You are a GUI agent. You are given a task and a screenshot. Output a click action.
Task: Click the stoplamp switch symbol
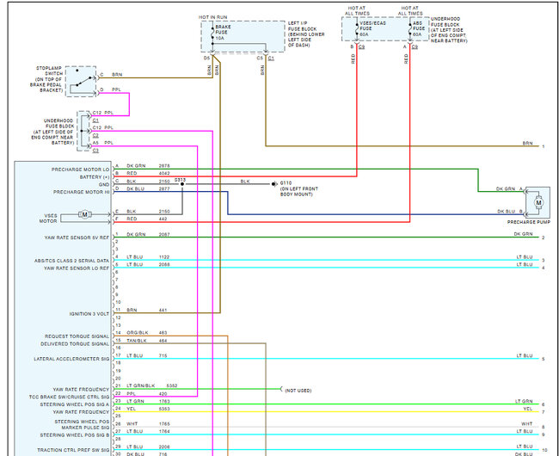(83, 79)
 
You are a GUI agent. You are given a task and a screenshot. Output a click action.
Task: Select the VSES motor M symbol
(84, 214)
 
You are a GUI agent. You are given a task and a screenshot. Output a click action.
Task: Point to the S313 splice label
(180, 178)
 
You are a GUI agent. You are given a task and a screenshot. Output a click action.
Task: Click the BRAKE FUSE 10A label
(220, 33)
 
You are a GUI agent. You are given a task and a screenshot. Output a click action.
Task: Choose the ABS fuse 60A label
(417, 33)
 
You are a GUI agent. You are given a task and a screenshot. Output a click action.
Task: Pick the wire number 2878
(164, 165)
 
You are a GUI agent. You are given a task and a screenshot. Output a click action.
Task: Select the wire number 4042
(164, 173)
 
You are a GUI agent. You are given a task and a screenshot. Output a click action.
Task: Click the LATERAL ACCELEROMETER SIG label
(72, 358)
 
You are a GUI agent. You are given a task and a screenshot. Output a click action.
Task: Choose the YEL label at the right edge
(527, 410)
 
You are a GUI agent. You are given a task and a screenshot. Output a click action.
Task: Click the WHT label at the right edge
(526, 424)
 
